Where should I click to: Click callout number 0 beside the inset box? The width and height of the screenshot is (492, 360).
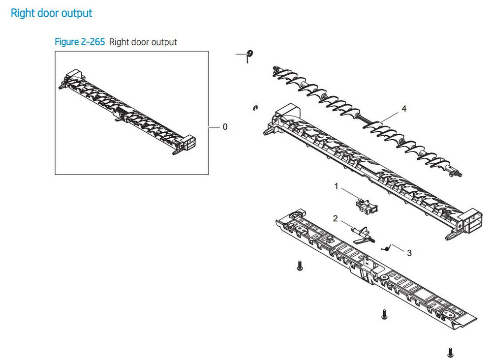225,127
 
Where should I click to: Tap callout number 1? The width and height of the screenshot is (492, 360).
337,186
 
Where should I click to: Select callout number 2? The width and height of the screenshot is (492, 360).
336,218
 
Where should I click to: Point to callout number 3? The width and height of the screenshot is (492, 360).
409,253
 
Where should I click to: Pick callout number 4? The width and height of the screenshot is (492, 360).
404,109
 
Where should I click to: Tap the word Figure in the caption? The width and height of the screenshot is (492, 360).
66,42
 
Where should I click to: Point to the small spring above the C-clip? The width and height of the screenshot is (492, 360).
249,55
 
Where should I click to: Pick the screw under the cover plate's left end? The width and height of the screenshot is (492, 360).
299,266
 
